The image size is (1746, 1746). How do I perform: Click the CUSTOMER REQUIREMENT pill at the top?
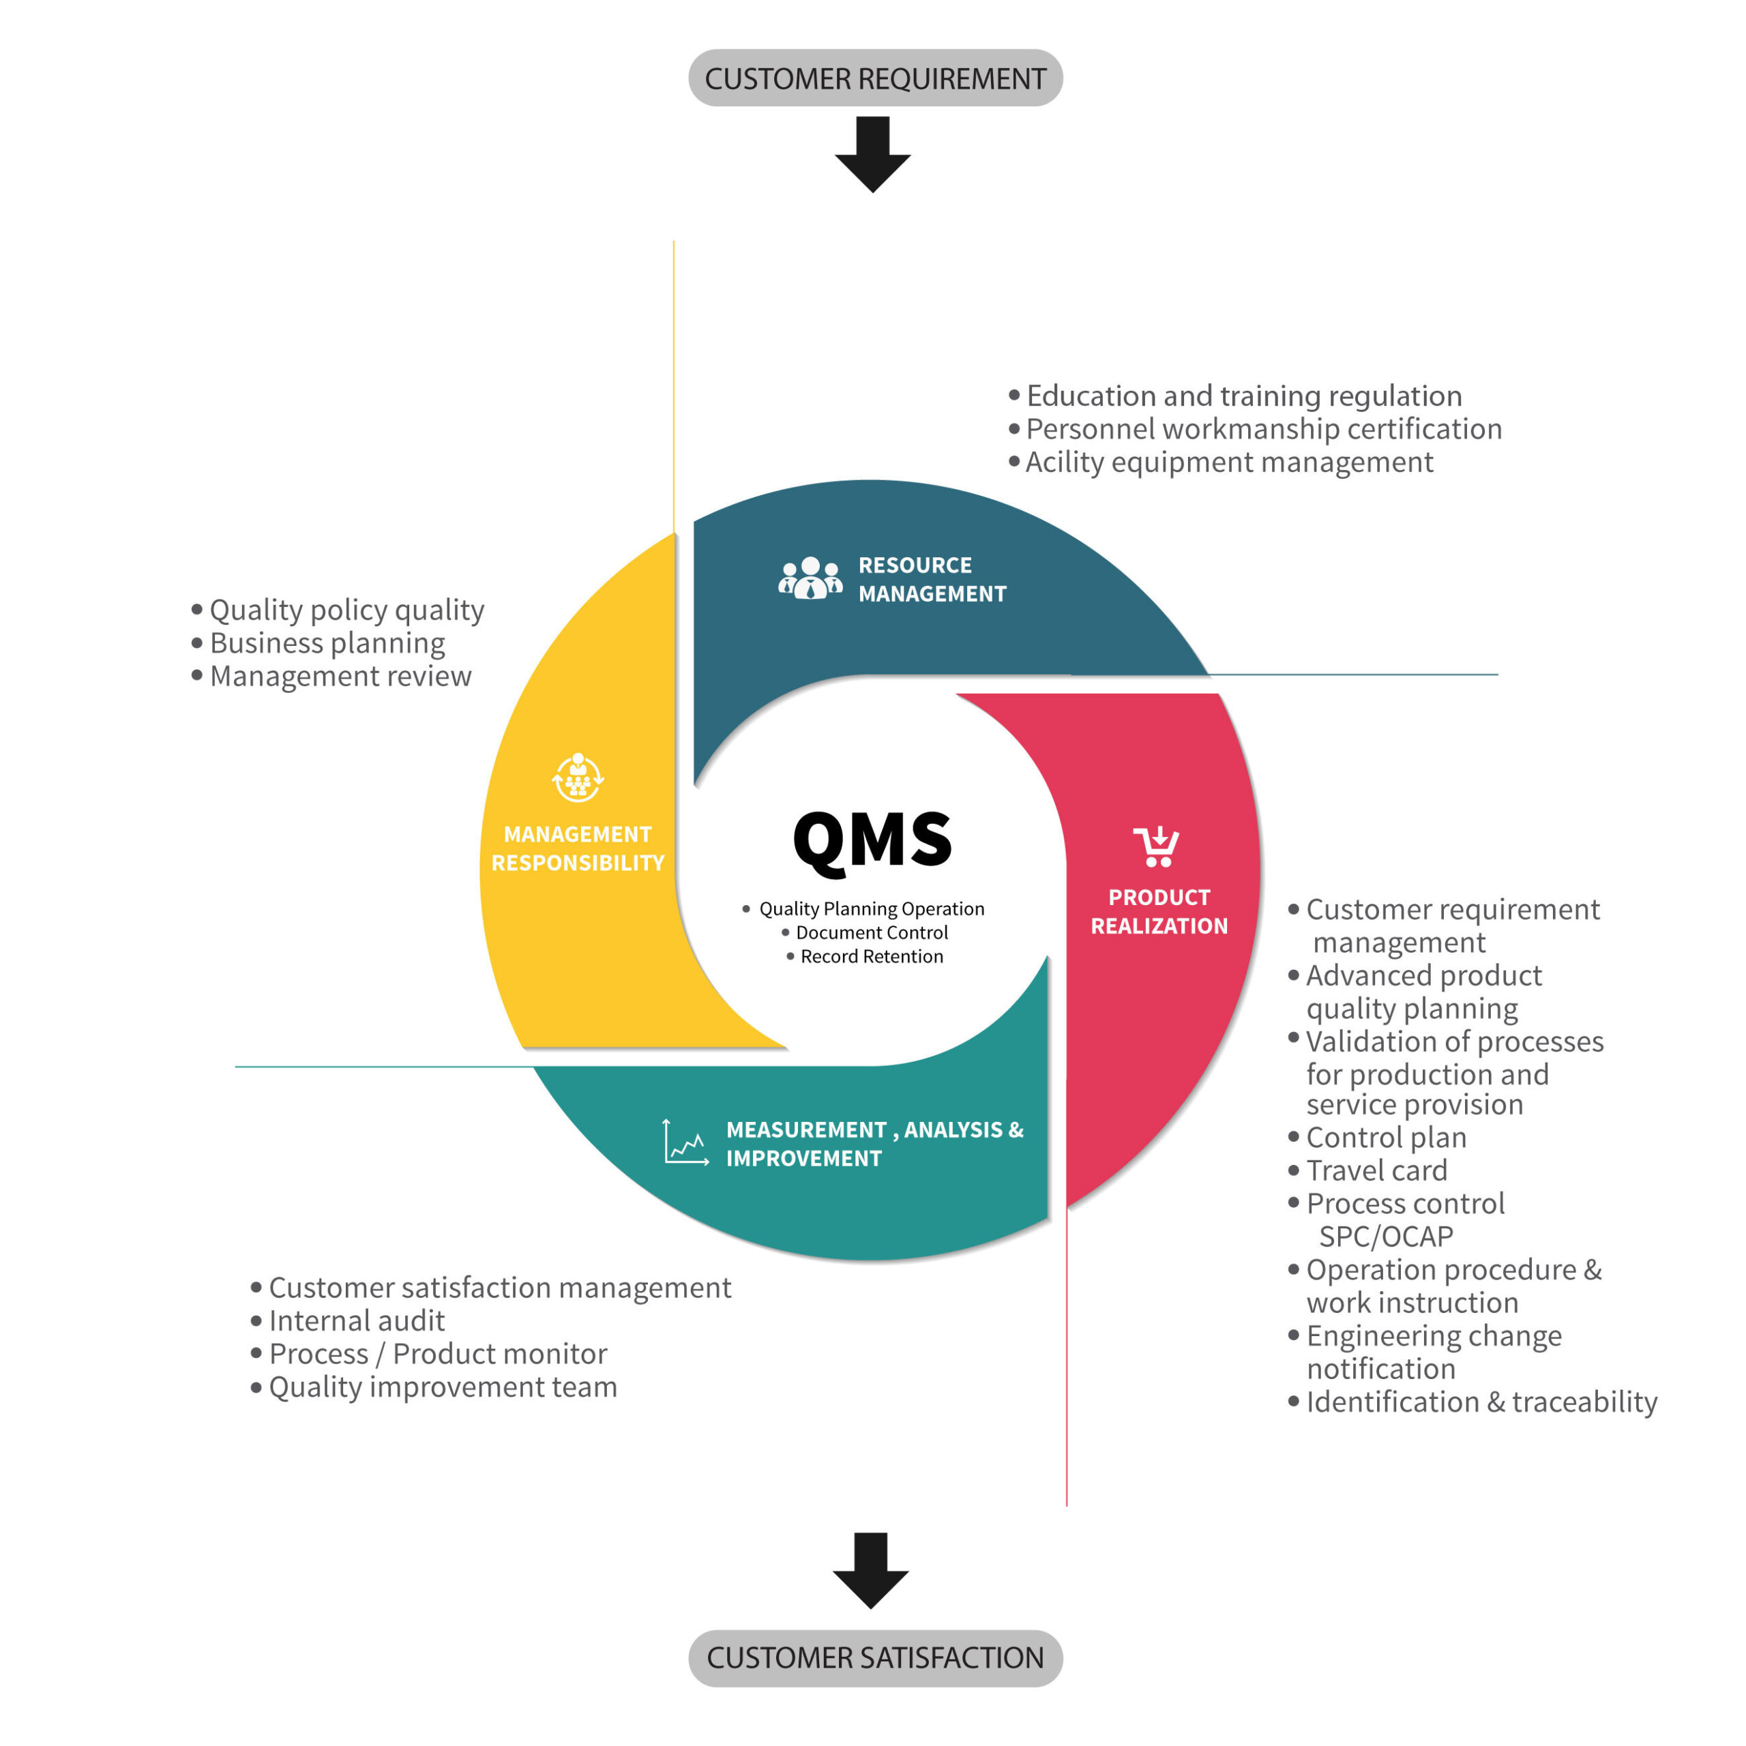pyautogui.click(x=875, y=78)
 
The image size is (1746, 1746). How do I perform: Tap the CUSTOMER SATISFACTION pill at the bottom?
pyautogui.click(x=875, y=1657)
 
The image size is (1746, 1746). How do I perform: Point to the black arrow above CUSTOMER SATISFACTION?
pyautogui.click(x=870, y=1571)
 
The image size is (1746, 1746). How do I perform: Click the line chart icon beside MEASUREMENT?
pyautogui.click(x=686, y=1142)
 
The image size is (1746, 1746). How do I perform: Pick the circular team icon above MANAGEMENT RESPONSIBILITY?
pyautogui.click(x=578, y=778)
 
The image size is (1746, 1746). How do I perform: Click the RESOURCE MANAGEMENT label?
pyautogui.click(x=932, y=579)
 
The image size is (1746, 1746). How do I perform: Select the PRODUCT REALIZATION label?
pyautogui.click(x=1159, y=911)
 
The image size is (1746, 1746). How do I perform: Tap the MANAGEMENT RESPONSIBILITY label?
pyautogui.click(x=578, y=848)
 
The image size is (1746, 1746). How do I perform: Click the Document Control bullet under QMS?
pyautogui.click(x=864, y=932)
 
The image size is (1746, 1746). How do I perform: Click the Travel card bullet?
pyautogui.click(x=1367, y=1170)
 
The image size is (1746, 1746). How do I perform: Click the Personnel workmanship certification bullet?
pyautogui.click(x=1255, y=428)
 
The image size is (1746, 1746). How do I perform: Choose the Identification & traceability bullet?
pyautogui.click(x=1473, y=1402)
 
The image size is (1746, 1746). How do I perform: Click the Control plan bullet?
pyautogui.click(x=1376, y=1137)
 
